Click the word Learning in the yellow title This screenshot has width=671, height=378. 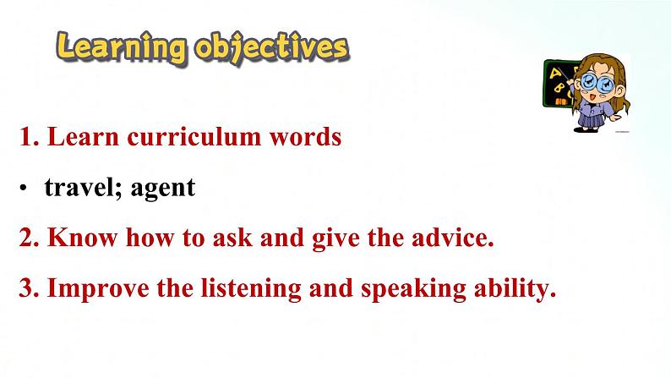pos(122,48)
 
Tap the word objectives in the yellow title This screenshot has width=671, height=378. pos(272,48)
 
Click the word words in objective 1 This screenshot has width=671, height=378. pos(306,137)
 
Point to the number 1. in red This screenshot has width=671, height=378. pos(30,137)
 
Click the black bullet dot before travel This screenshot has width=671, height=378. pos(23,188)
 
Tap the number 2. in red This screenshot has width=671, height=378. pos(30,238)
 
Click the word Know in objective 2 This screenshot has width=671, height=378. pos(82,238)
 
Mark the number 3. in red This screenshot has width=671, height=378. pos(30,288)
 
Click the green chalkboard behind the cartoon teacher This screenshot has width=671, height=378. pos(557,84)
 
